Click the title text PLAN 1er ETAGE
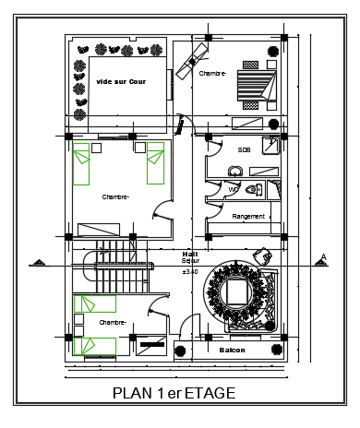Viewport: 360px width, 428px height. click(174, 393)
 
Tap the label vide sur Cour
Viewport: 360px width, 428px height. click(121, 81)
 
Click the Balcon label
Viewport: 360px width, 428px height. click(232, 351)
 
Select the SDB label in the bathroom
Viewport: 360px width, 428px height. click(244, 149)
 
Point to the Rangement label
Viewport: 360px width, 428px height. click(248, 217)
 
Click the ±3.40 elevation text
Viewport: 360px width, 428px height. click(190, 272)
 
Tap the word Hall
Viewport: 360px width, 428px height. click(190, 254)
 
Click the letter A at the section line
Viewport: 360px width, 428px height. click(323, 257)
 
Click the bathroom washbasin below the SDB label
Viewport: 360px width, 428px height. click(235, 169)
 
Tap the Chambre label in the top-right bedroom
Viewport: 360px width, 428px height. click(212, 74)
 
